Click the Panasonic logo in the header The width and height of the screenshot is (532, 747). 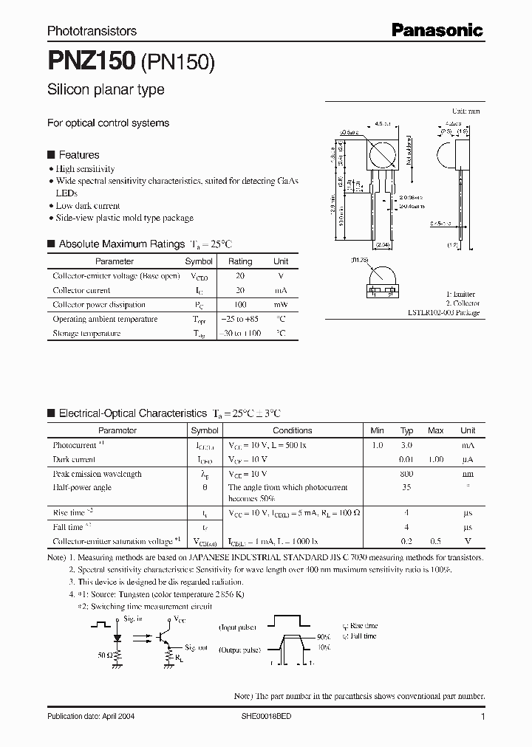[x=437, y=30]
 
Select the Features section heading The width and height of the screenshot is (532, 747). [x=78, y=155]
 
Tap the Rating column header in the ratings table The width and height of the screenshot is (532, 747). [x=239, y=261]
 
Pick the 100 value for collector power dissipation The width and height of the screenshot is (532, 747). [x=239, y=305]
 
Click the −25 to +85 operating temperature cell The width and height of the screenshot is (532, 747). [x=239, y=320]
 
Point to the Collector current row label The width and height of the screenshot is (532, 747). [x=81, y=291]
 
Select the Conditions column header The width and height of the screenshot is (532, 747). [x=292, y=430]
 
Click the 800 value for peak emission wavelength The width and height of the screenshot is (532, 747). [x=406, y=474]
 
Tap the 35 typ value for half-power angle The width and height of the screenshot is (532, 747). [x=406, y=488]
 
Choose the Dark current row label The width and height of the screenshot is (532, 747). [x=74, y=460]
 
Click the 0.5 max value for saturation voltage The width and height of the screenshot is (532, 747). [x=436, y=542]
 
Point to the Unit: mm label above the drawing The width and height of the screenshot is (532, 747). [x=465, y=111]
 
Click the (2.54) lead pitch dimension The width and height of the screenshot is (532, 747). [x=382, y=244]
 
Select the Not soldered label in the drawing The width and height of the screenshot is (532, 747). [x=409, y=148]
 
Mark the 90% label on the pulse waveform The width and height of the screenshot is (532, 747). [x=322, y=636]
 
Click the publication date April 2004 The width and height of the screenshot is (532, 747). [x=91, y=717]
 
